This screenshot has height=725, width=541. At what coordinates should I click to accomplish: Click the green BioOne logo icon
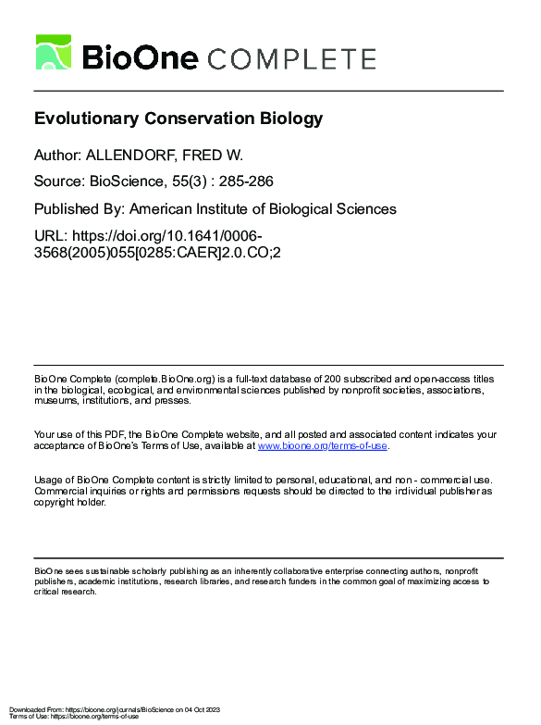point(54,53)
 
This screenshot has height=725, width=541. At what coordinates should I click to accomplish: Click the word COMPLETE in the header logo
point(291,58)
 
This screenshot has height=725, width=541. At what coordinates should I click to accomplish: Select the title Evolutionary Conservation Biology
point(178,119)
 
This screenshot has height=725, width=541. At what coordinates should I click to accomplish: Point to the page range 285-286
point(245,182)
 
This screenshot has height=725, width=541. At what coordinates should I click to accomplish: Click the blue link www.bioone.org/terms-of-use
point(323,445)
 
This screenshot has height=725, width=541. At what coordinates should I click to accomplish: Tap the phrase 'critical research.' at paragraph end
point(65,591)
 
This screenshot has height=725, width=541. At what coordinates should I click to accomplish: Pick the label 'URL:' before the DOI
point(50,235)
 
